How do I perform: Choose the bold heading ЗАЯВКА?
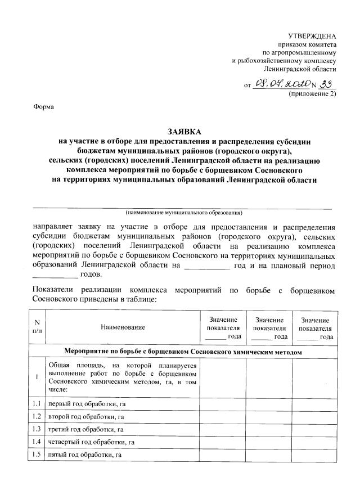[x=181, y=131]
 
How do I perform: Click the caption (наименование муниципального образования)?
[x=184, y=213]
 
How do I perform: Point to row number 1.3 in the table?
[x=37, y=429]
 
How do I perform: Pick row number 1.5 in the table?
[x=37, y=454]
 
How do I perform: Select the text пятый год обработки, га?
[x=85, y=454]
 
